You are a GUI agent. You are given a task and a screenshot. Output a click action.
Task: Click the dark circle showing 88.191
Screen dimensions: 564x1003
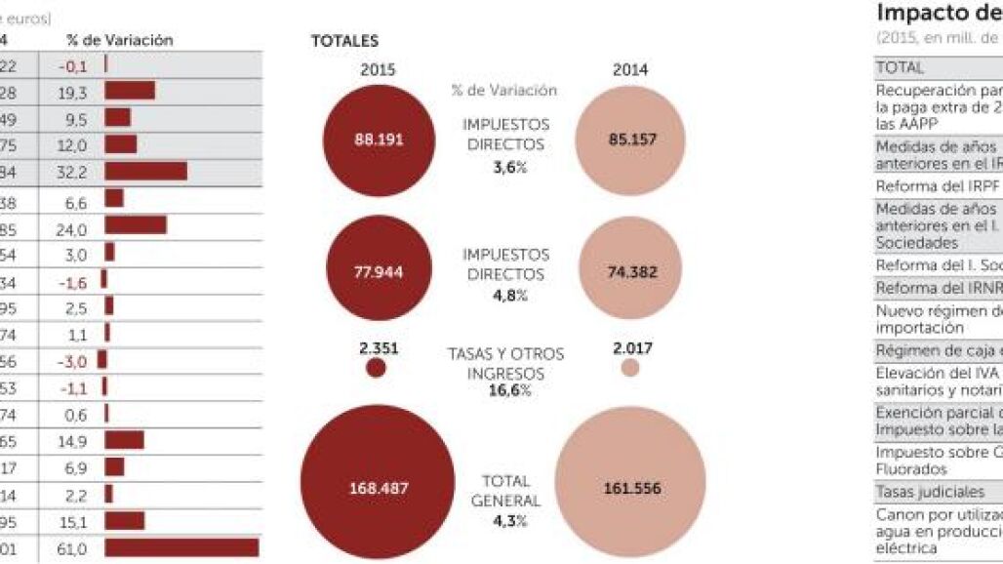(377, 139)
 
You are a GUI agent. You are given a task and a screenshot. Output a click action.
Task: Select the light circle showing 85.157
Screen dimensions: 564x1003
(630, 139)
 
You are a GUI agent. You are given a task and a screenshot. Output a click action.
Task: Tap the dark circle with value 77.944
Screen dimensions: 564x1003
(377, 269)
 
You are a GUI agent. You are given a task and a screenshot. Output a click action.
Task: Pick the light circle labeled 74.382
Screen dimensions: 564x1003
(630, 271)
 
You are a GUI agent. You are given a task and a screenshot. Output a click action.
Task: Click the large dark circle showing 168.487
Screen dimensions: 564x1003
(377, 487)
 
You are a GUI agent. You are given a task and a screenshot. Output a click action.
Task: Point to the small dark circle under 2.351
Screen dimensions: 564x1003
(376, 368)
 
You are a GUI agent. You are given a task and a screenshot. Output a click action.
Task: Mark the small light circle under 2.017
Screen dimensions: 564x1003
(630, 368)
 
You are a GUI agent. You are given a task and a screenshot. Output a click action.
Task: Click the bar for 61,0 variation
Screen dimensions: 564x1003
(181, 548)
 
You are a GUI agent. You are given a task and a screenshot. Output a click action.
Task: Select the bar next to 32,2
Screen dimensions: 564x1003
(145, 171)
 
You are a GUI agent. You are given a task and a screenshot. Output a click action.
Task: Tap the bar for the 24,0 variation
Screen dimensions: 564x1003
(136, 224)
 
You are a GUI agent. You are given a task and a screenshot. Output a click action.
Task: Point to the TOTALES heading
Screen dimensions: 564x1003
(344, 42)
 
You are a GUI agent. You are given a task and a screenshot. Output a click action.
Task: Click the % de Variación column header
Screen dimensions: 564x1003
(120, 40)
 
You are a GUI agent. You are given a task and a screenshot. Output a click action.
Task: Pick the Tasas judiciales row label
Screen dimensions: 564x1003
(917, 492)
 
